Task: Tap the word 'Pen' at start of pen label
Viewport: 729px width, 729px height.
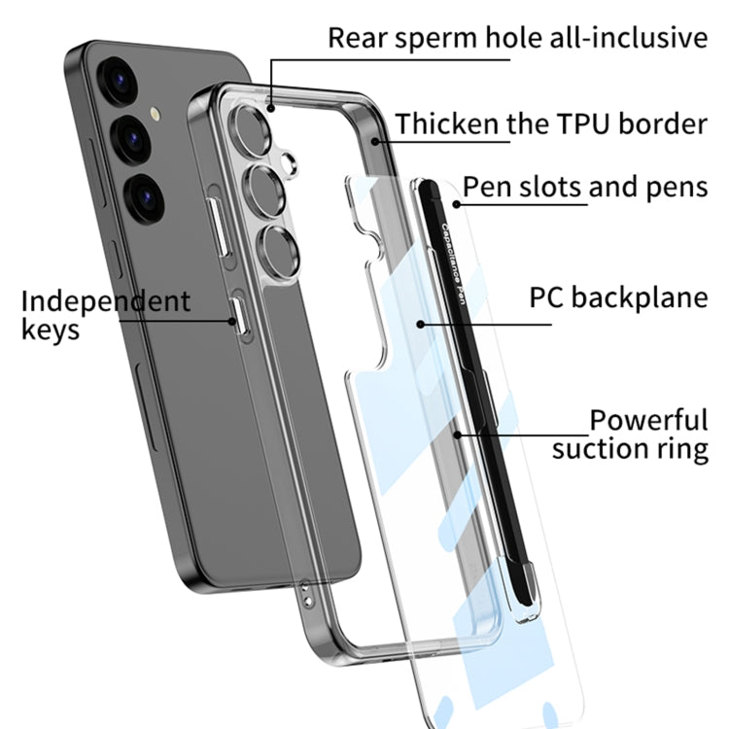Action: pyautogui.click(x=483, y=186)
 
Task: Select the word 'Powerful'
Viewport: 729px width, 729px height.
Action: pyautogui.click(x=648, y=421)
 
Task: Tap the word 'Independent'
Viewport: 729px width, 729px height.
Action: pyautogui.click(x=105, y=300)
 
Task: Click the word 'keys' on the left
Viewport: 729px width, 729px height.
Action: pyautogui.click(x=50, y=330)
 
